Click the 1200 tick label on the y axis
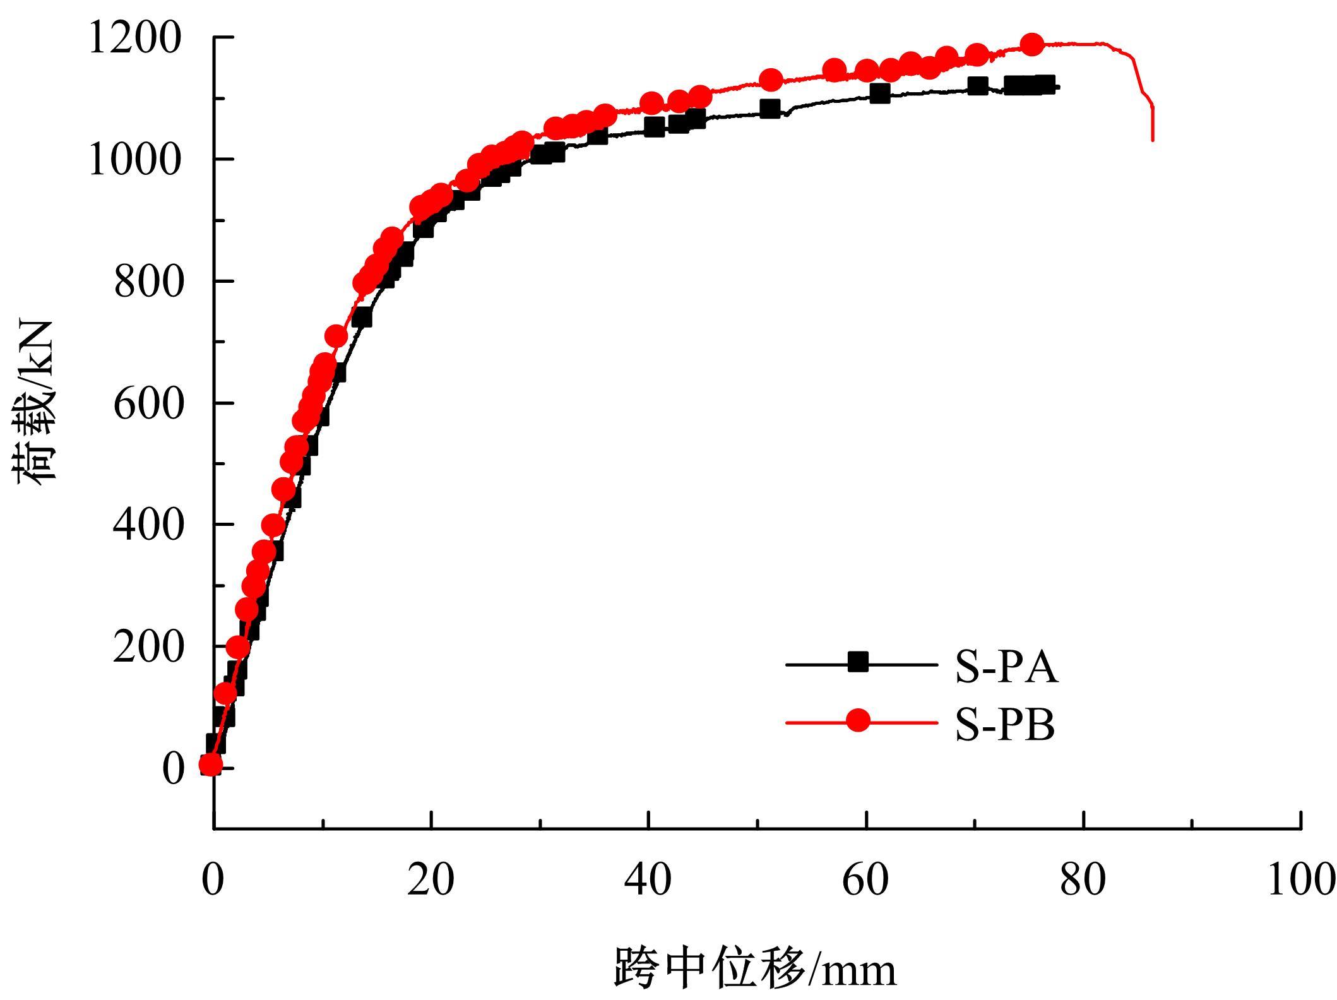(134, 38)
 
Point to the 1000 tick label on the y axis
(134, 159)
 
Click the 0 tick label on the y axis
(174, 768)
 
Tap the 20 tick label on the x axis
(431, 879)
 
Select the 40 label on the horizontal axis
(648, 879)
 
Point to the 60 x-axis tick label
(865, 879)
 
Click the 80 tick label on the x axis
(1083, 879)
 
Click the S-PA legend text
(1006, 667)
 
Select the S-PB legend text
(1005, 725)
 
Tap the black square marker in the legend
(859, 662)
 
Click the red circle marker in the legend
(859, 720)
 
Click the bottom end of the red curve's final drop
(1153, 140)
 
